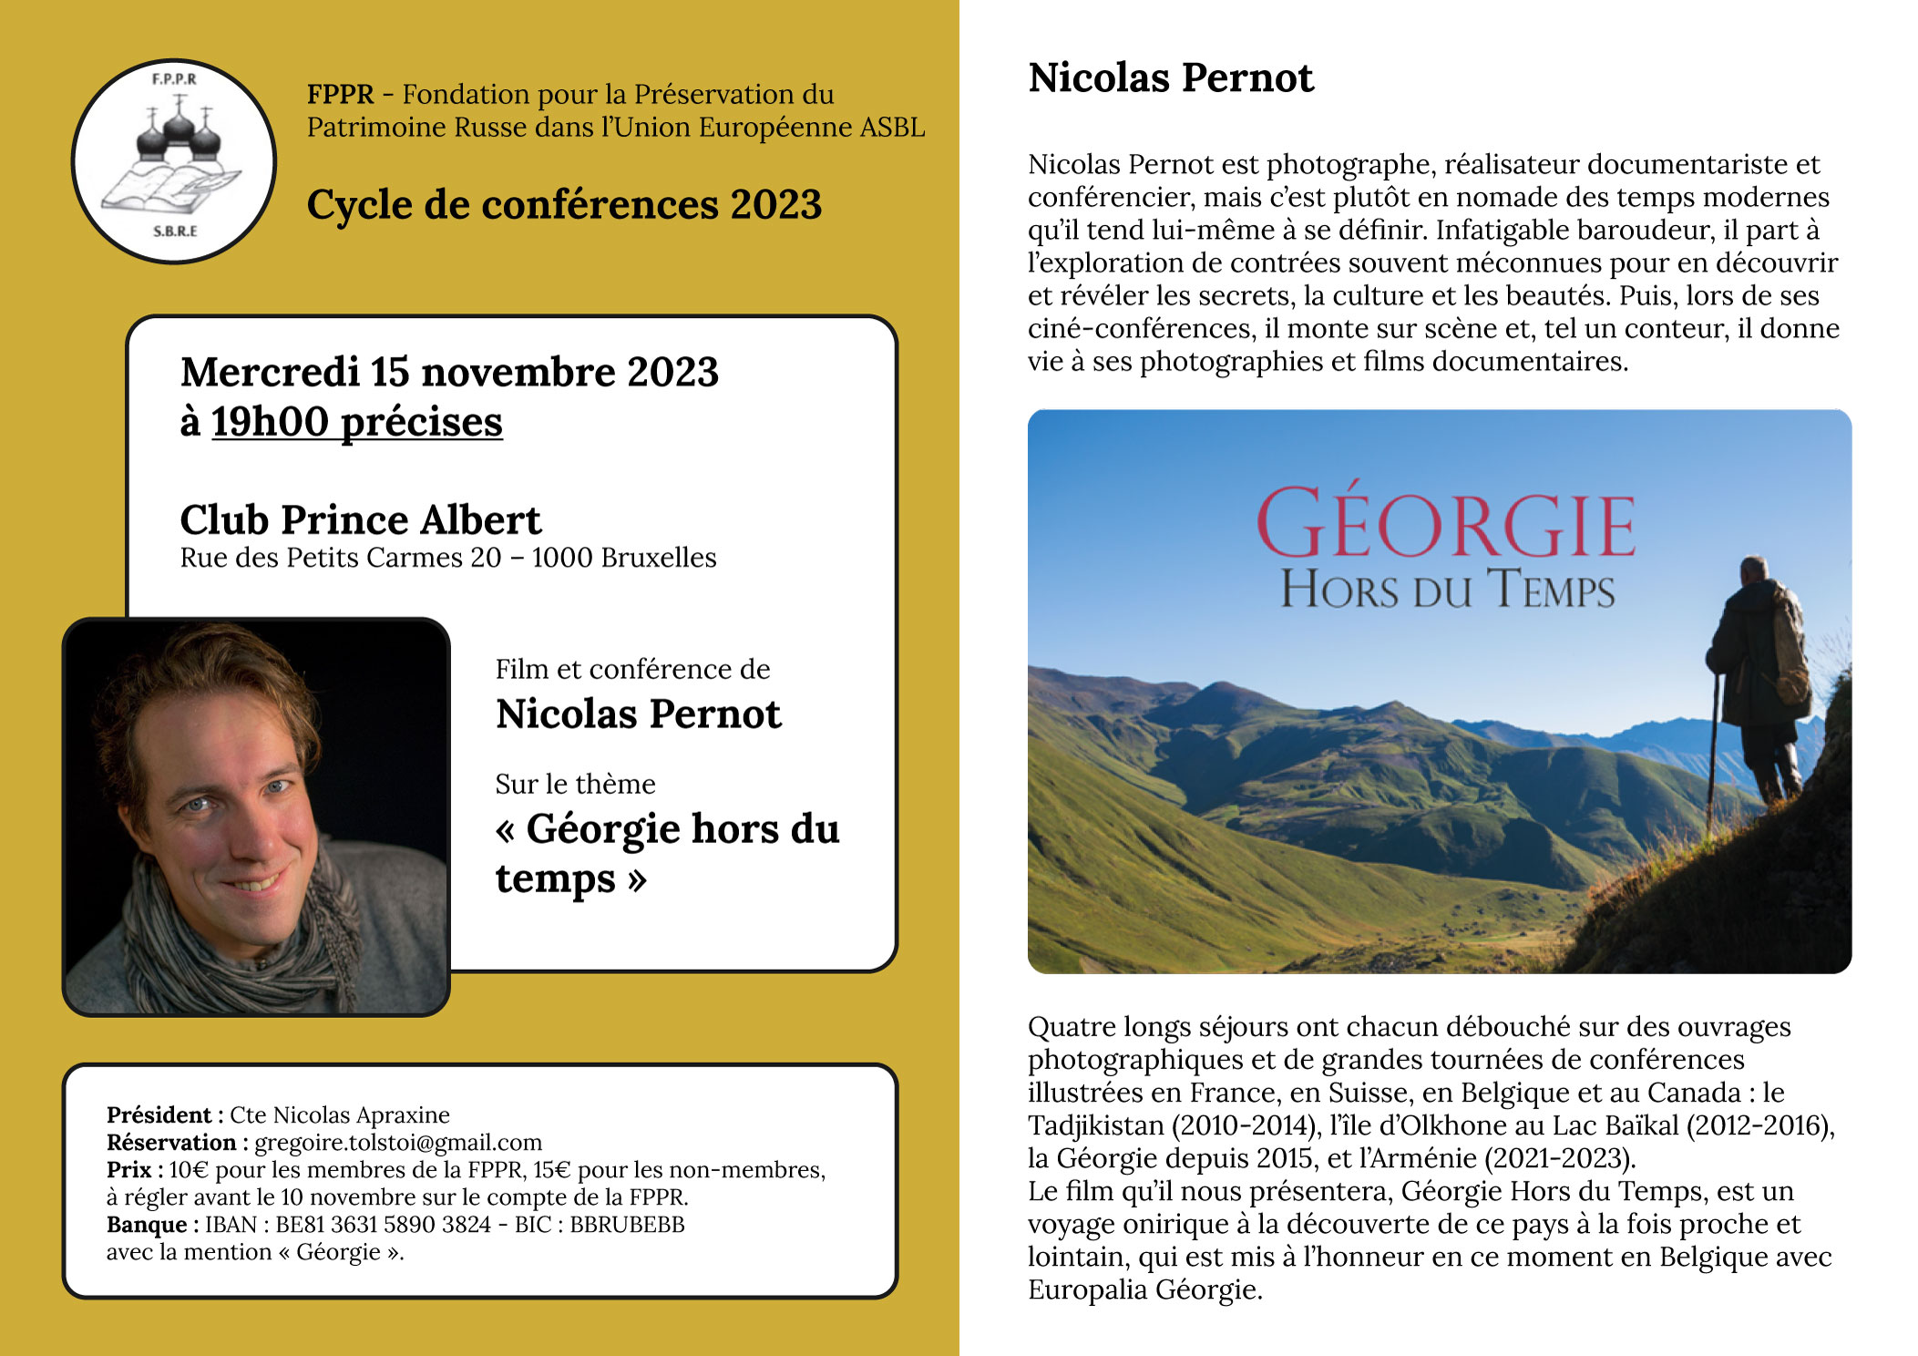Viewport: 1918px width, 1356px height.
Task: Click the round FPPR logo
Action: coord(174,161)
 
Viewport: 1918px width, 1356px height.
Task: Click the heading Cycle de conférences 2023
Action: coord(564,205)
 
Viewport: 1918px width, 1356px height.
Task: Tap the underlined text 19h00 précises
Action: coord(357,422)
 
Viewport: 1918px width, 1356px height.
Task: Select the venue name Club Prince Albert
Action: coord(361,520)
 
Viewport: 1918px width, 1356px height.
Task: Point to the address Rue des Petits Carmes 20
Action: coord(340,558)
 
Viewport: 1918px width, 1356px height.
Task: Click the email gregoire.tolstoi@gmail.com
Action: coord(398,1143)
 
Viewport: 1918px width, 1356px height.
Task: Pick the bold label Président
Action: coord(159,1115)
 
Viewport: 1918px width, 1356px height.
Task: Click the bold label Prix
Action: coord(128,1170)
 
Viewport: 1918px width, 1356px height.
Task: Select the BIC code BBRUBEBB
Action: coord(627,1225)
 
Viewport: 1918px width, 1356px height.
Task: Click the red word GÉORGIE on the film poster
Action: coord(1445,523)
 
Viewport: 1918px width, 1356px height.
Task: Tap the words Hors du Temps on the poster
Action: coord(1447,590)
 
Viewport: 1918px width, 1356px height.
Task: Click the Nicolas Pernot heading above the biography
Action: coord(1171,78)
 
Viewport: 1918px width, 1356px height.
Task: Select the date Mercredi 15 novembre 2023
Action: coord(449,373)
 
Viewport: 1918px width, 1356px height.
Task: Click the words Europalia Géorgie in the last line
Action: coord(1144,1290)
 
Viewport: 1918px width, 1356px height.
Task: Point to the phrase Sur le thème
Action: coord(575,785)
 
